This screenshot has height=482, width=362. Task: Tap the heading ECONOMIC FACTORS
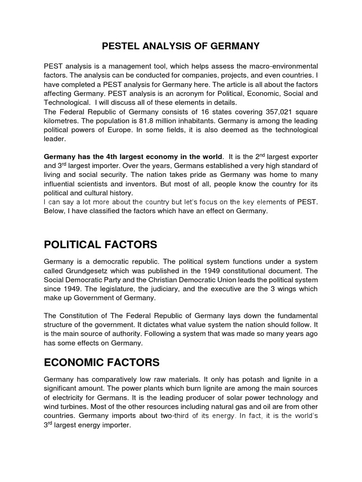[102, 362]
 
